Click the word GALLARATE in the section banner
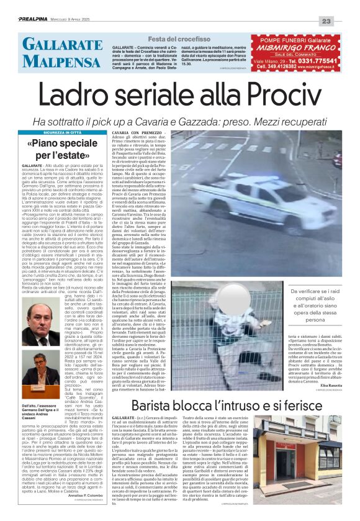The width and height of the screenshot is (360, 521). point(57,44)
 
